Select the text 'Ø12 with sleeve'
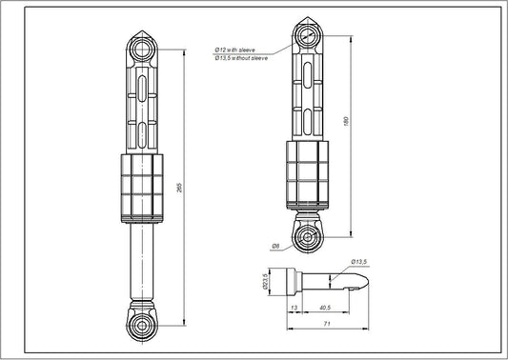coord(235,49)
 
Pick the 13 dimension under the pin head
coord(292,309)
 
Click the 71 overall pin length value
coord(327,325)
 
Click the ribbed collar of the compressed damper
coord(308,176)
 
